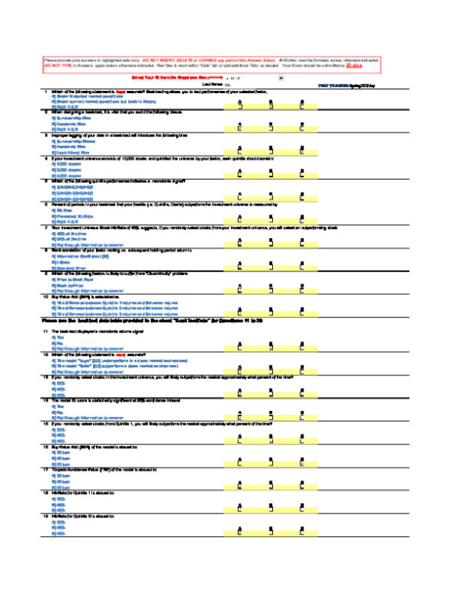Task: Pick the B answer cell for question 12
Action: (271, 371)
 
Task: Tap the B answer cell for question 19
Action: (271, 530)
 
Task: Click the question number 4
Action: (45, 159)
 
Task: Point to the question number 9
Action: (45, 273)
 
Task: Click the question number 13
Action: (45, 378)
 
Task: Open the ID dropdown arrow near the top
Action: (280, 77)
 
